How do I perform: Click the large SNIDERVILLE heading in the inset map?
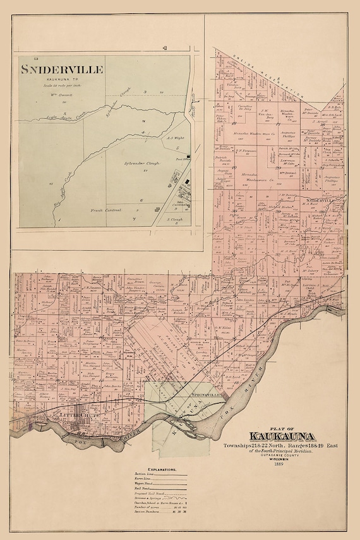click(x=61, y=69)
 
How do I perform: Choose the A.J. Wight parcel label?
click(x=174, y=137)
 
